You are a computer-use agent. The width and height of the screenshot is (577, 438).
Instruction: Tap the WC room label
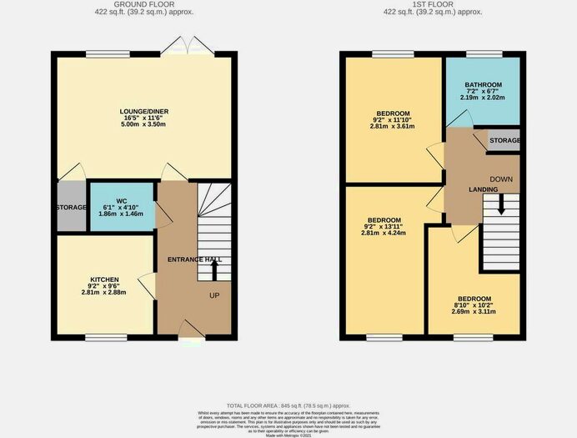(x=121, y=201)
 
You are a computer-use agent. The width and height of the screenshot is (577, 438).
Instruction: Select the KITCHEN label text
(x=105, y=279)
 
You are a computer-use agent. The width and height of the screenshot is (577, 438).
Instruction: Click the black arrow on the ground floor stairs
(x=214, y=270)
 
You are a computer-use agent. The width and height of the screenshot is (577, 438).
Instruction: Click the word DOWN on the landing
(x=501, y=179)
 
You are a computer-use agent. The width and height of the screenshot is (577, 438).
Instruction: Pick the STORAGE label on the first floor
(x=504, y=140)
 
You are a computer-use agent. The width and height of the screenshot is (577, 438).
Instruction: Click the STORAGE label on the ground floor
(x=71, y=207)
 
